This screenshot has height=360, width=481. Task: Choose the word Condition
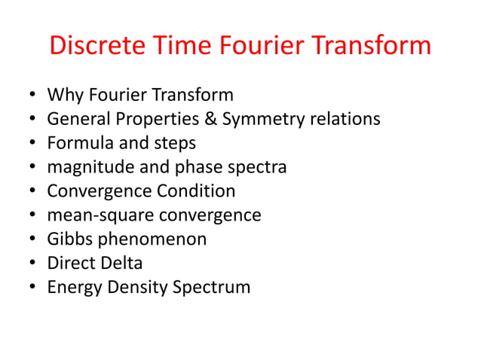197,191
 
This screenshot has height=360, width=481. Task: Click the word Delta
121,264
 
